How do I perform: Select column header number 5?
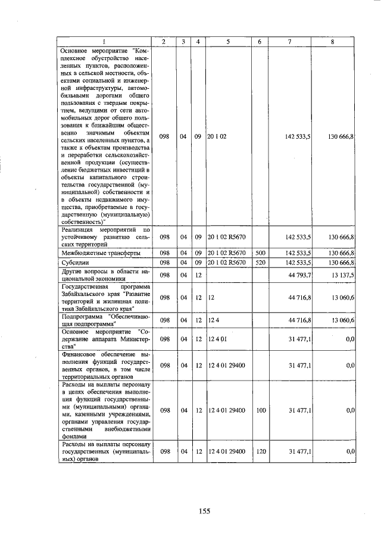tap(228, 41)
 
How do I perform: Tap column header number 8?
tap(332, 41)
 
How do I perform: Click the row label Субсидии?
tap(74, 262)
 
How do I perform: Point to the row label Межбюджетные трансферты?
tap(93, 253)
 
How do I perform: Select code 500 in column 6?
tap(260, 253)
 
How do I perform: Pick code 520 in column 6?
tap(260, 262)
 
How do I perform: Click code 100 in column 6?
tap(260, 410)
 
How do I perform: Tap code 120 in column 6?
tap(260, 452)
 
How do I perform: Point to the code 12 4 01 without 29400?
tap(217, 340)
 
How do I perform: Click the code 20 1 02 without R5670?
tap(217, 136)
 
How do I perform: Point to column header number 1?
tap(104, 41)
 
